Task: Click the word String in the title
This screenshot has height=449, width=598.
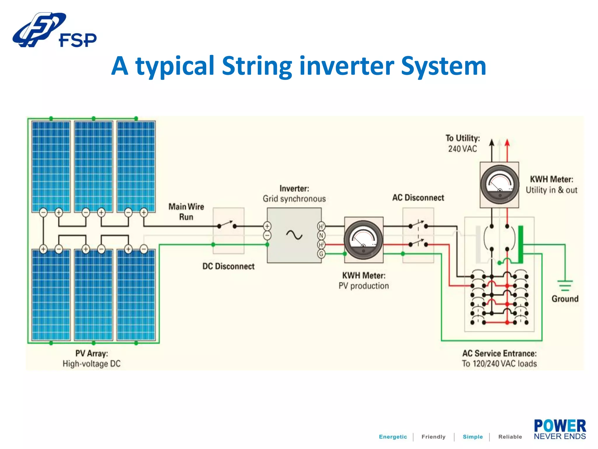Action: pyautogui.click(x=257, y=66)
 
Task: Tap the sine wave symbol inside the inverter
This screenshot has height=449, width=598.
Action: pyautogui.click(x=294, y=235)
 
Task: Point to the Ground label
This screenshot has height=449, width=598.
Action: pyautogui.click(x=565, y=299)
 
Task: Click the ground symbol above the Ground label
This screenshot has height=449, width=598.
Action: pyautogui.click(x=565, y=285)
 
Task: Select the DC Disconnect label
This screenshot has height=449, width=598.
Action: pyautogui.click(x=228, y=266)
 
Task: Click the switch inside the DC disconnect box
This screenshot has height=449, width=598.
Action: pyautogui.click(x=227, y=225)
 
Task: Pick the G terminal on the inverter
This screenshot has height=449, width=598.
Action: pyautogui.click(x=321, y=254)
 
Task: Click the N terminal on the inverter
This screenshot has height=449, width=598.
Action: pyautogui.click(x=321, y=235)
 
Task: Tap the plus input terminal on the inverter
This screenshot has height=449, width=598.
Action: pyautogui.click(x=267, y=226)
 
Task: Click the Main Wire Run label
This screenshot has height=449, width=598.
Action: pyautogui.click(x=186, y=212)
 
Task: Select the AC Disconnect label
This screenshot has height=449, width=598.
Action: pyautogui.click(x=418, y=198)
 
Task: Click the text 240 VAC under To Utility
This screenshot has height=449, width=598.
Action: pyautogui.click(x=463, y=149)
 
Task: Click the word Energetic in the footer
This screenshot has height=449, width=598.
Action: pyautogui.click(x=393, y=437)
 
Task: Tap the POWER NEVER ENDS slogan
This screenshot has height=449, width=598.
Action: pyautogui.click(x=560, y=429)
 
